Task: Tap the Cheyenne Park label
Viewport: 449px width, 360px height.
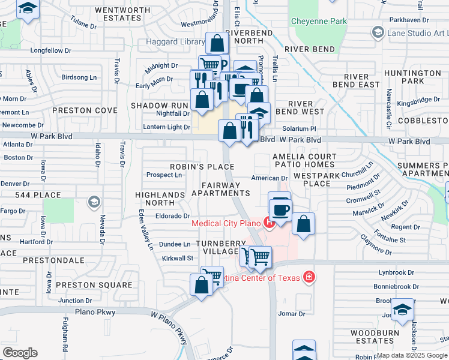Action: click(x=319, y=21)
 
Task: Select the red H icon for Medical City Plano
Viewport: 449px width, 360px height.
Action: click(x=269, y=224)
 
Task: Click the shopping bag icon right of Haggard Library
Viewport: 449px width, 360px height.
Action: click(x=217, y=43)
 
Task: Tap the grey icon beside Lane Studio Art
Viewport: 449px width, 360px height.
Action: click(x=378, y=32)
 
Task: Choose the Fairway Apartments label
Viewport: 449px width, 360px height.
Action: click(x=220, y=189)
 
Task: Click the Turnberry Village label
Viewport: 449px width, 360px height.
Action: click(x=221, y=247)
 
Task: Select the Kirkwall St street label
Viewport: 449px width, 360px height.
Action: click(x=176, y=258)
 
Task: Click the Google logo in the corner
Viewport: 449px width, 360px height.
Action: click(x=20, y=353)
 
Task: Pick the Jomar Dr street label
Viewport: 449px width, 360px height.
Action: click(x=289, y=313)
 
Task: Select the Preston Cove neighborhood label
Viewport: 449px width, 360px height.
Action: click(x=85, y=110)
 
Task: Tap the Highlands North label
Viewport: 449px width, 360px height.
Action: click(x=160, y=199)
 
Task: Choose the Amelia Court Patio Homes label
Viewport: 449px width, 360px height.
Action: click(x=303, y=160)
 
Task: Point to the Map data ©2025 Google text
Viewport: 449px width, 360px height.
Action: click(x=412, y=355)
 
